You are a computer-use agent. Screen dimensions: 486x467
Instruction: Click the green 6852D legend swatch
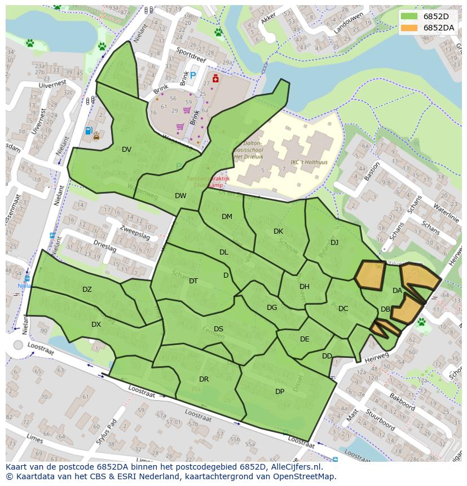[x=409, y=16]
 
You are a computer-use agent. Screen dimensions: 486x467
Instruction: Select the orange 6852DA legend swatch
[x=409, y=28]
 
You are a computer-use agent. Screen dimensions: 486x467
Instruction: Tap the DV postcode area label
[x=126, y=150]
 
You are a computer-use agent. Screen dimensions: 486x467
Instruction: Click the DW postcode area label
[x=180, y=196]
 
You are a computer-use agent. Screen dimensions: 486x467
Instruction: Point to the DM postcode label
[x=227, y=217]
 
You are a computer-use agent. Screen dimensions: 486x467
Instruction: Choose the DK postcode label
[x=278, y=231]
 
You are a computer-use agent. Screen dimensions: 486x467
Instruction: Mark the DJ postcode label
[x=334, y=243]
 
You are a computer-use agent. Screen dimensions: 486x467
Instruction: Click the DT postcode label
[x=193, y=281]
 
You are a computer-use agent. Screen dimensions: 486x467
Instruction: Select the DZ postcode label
[x=87, y=290]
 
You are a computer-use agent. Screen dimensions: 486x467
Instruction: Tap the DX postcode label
[x=96, y=325]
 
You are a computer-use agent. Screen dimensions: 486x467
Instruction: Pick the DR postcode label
[x=204, y=379]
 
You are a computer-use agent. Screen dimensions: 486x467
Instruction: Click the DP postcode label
[x=280, y=392]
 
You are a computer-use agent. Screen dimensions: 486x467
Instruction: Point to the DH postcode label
[x=305, y=287]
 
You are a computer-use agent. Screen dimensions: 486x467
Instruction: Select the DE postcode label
[x=305, y=339]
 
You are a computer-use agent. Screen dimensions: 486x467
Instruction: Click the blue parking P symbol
[x=193, y=75]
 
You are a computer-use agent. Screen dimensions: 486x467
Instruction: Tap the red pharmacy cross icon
[x=214, y=78]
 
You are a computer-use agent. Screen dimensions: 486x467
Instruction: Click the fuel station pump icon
[x=88, y=131]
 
